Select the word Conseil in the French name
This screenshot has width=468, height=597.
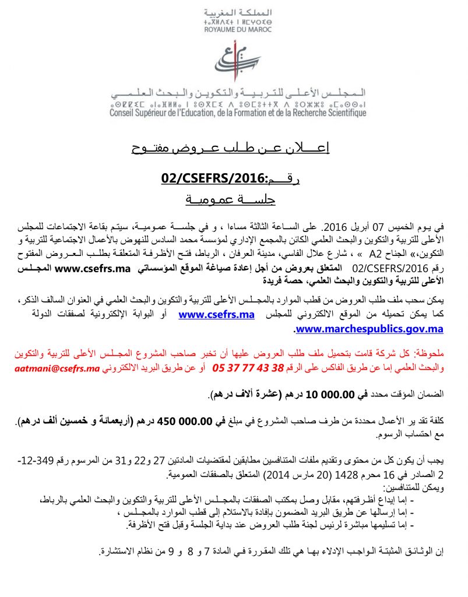[124, 113]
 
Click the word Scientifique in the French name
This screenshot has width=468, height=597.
[339, 113]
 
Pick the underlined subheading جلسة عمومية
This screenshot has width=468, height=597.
[230, 200]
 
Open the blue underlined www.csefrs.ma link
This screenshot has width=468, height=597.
[217, 315]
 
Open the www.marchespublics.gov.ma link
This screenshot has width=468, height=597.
[370, 329]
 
